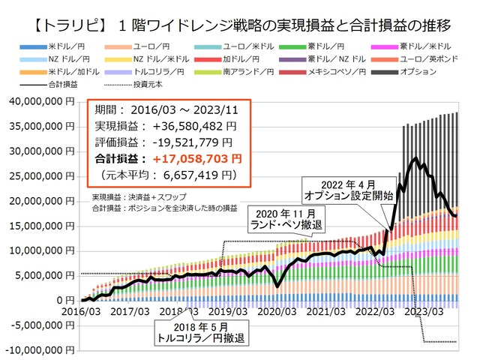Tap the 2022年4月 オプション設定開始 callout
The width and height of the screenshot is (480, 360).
tap(346, 188)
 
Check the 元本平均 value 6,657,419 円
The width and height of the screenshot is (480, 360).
tap(196, 175)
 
